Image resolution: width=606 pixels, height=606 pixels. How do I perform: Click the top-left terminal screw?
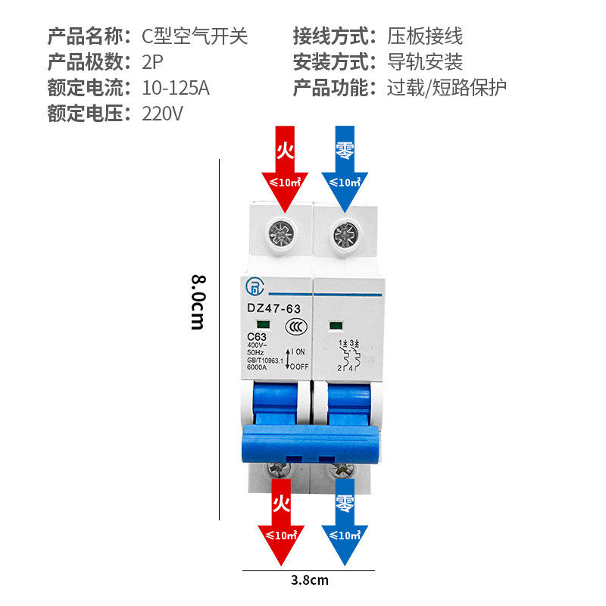(278, 234)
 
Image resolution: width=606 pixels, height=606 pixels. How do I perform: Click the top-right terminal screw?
(346, 234)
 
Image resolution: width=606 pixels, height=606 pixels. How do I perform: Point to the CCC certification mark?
(295, 327)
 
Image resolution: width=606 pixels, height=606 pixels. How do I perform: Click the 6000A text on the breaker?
(258, 367)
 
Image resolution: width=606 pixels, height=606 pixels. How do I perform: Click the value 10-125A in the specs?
(176, 88)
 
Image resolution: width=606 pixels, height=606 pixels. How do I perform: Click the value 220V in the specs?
(163, 114)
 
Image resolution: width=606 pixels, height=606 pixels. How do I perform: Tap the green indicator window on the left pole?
(252, 324)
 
